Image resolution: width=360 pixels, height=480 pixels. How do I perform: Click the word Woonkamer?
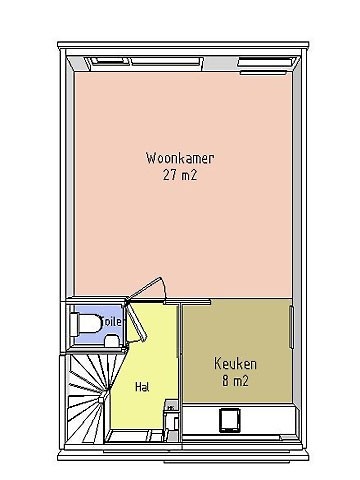pyautogui.click(x=180, y=158)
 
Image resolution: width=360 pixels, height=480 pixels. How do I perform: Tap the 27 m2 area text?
pyautogui.click(x=180, y=175)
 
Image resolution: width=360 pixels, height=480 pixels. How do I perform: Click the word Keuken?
pyautogui.click(x=235, y=363)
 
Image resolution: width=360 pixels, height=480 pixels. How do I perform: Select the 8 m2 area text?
pyautogui.click(x=235, y=380)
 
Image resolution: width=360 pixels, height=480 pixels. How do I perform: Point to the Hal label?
pyautogui.click(x=142, y=387)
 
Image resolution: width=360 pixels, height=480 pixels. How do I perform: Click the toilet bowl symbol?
pyautogui.click(x=86, y=324)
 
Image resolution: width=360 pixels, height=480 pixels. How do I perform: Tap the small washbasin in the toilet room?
pyautogui.click(x=112, y=341)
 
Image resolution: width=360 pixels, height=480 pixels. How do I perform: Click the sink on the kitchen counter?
pyautogui.click(x=230, y=420)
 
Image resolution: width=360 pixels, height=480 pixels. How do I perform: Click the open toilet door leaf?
pyautogui.click(x=137, y=322)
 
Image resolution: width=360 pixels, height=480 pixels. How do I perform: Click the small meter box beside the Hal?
pyautogui.click(x=171, y=406)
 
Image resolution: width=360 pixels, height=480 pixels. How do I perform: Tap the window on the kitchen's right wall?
pyautogui.click(x=292, y=327)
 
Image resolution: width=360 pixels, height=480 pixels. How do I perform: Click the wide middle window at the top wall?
pyautogui.click(x=167, y=61)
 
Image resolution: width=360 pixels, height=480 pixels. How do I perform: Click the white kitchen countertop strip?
pyautogui.click(x=239, y=420)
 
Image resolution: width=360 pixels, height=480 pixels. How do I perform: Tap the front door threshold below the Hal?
pyautogui.click(x=133, y=436)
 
